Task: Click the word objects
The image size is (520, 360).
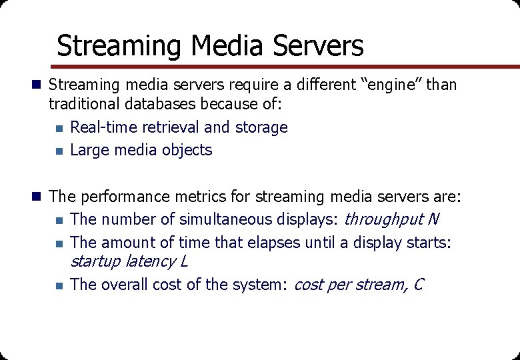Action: pyautogui.click(x=188, y=150)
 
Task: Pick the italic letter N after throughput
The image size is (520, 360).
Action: pyautogui.click(x=433, y=219)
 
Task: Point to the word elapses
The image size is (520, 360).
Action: pyautogui.click(x=276, y=243)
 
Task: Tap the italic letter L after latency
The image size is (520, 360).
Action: pyautogui.click(x=184, y=261)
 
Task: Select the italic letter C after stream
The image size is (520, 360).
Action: pyautogui.click(x=418, y=285)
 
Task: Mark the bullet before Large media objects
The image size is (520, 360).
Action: pyautogui.click(x=59, y=151)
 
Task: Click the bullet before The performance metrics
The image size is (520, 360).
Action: pyautogui.click(x=37, y=197)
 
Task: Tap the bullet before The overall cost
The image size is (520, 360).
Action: pyautogui.click(x=59, y=285)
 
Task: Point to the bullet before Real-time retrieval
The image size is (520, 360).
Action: pyautogui.click(x=59, y=128)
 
